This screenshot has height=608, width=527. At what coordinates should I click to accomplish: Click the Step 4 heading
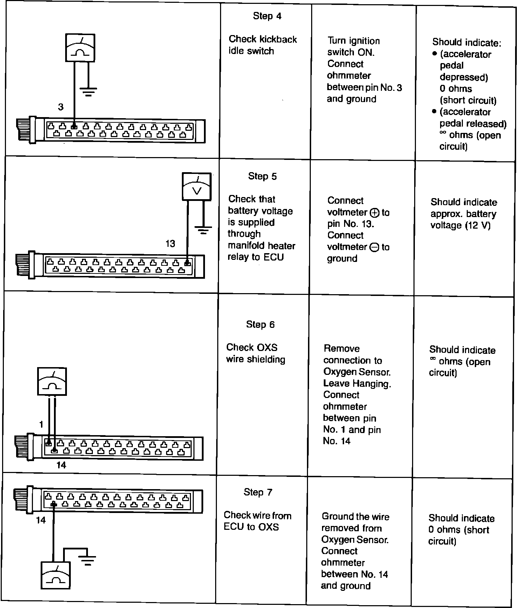[267, 16]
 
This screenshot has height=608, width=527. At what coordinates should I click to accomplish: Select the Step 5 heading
[262, 176]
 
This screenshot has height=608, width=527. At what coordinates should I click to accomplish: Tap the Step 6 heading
[260, 325]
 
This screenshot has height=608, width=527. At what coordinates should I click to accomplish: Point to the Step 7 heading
[258, 492]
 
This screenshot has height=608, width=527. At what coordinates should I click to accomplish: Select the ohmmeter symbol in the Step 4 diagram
[81, 48]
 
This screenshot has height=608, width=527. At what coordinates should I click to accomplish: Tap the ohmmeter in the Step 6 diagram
[52, 382]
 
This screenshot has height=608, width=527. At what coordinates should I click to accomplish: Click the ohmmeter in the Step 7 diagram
[56, 575]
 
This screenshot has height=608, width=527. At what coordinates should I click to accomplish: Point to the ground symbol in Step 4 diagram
[88, 92]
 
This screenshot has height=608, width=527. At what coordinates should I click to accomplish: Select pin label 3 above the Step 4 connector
[61, 107]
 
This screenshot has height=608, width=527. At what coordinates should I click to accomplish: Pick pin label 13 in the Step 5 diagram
[170, 244]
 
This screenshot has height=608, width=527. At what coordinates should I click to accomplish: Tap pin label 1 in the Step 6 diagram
[41, 425]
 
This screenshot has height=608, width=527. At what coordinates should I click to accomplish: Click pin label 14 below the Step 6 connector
[61, 465]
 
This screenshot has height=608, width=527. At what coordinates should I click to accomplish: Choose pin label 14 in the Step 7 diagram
[41, 520]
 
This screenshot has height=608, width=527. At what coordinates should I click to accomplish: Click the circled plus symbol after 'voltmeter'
[374, 212]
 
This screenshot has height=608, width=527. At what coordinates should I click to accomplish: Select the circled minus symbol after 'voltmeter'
[374, 247]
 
